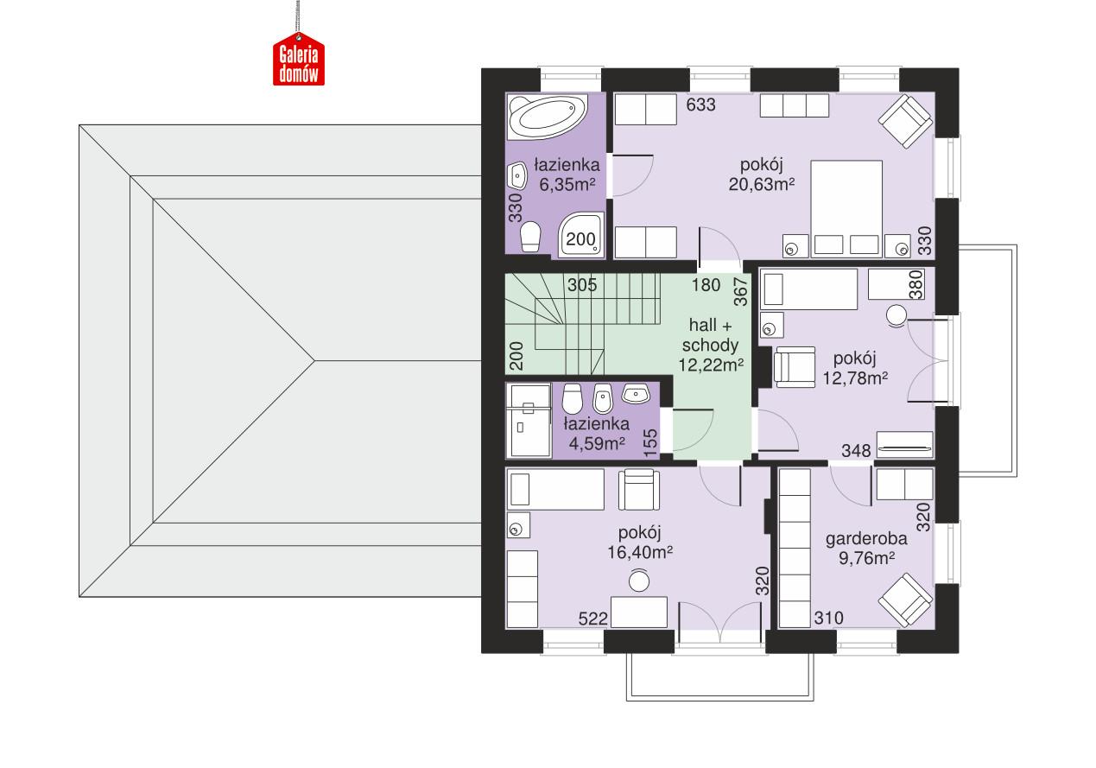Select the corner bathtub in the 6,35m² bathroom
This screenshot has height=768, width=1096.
(548, 116)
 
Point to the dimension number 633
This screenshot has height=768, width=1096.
(700, 105)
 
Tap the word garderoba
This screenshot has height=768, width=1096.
(866, 539)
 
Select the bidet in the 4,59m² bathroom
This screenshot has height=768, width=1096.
(603, 399)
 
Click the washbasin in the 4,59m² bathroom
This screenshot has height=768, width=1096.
(637, 394)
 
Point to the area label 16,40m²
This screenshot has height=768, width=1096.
(639, 550)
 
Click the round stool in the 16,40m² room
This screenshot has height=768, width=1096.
(638, 582)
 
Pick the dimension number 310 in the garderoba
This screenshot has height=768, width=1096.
(827, 619)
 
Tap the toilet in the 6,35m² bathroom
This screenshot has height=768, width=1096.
(530, 235)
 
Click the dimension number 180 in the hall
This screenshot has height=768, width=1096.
(706, 284)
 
